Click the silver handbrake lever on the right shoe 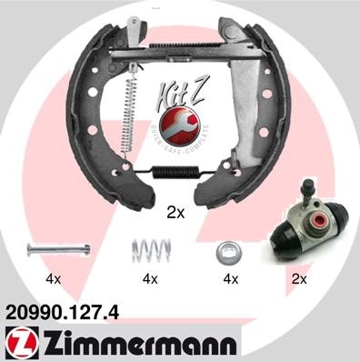click(x=247, y=109)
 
